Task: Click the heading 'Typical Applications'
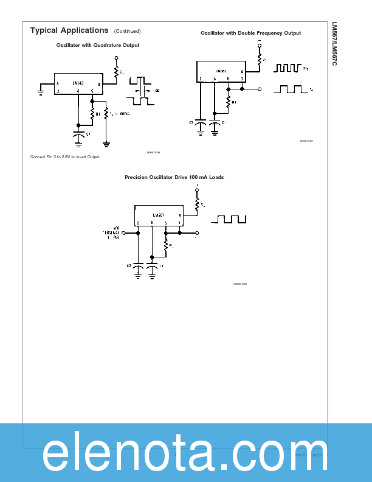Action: pyautogui.click(x=69, y=30)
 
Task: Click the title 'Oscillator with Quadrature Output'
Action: pyautogui.click(x=97, y=45)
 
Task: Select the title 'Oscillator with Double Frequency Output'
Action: pyautogui.click(x=250, y=33)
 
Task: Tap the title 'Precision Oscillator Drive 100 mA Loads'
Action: pyautogui.click(x=174, y=177)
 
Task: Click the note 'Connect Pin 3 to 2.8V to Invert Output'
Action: pyautogui.click(x=64, y=157)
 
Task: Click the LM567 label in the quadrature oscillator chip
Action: pyautogui.click(x=78, y=83)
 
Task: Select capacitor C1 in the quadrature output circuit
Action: pyautogui.click(x=78, y=133)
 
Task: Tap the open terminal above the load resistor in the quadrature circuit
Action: pyautogui.click(x=116, y=58)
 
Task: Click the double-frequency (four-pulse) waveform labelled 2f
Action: pyautogui.click(x=289, y=68)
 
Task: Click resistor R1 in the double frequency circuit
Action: pyautogui.click(x=228, y=102)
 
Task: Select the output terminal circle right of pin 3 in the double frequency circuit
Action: pyautogui.click(x=260, y=89)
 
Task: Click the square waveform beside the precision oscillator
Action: pyautogui.click(x=229, y=219)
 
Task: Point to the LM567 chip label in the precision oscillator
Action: pyautogui.click(x=159, y=215)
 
